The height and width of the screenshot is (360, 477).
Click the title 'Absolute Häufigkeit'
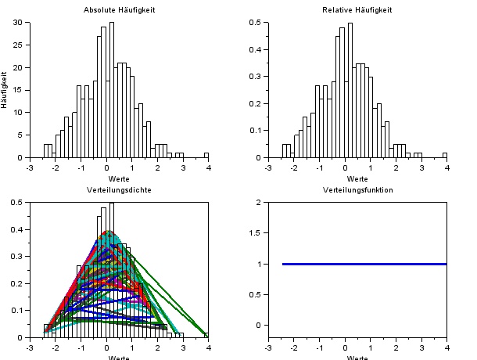[119, 10]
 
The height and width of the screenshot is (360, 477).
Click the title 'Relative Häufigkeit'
[357, 10]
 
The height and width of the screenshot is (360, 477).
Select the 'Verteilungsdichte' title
[119, 190]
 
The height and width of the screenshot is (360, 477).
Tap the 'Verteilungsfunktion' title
[357, 190]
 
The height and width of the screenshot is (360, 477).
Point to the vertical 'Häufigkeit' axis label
[5, 90]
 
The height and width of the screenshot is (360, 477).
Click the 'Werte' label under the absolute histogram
[119, 178]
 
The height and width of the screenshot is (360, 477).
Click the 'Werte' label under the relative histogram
[357, 178]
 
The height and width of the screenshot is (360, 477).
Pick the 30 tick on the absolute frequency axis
[20, 23]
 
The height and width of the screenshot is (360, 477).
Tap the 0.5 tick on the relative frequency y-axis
[256, 23]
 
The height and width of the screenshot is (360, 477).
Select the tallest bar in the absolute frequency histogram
[112, 90]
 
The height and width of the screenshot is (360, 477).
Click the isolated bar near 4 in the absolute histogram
[206, 155]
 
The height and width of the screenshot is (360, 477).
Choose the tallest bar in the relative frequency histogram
[350, 90]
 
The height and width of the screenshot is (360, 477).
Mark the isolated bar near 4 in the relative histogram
[444, 155]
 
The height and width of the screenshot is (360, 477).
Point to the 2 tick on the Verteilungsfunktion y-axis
[259, 203]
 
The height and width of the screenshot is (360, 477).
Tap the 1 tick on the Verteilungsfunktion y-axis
[259, 264]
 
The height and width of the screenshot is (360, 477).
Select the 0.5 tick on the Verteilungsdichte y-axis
[19, 203]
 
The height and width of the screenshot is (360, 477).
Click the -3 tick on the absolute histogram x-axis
[29, 166]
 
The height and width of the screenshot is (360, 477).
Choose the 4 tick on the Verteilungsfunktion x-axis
[447, 347]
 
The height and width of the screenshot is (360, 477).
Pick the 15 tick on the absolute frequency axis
[20, 90]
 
